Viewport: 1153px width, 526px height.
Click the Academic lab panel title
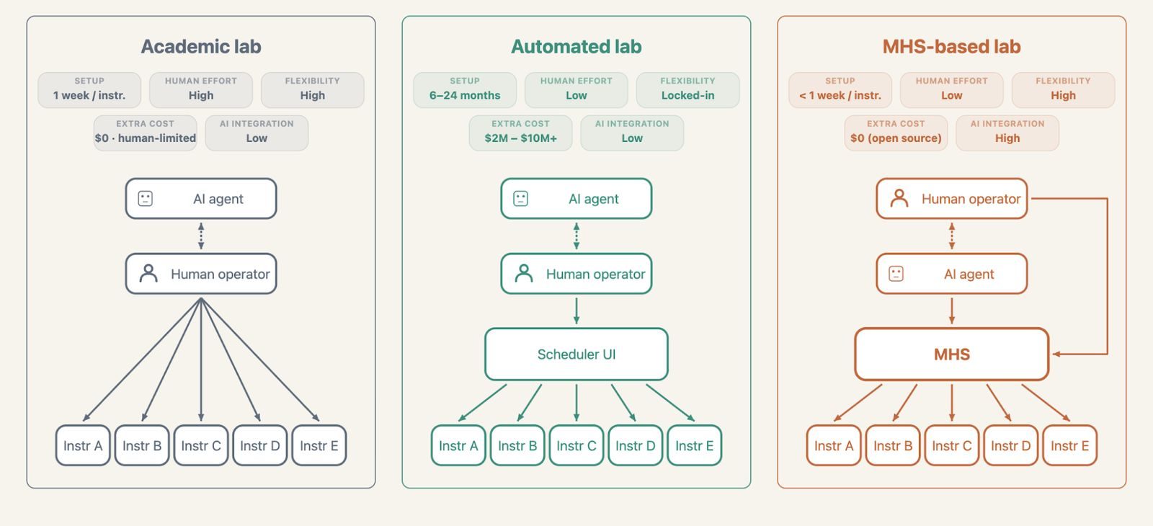201,46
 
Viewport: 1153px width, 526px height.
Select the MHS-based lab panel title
951,46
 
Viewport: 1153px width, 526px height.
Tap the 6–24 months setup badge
465,89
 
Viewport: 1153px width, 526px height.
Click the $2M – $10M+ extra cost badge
520,133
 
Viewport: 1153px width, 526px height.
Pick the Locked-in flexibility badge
687,89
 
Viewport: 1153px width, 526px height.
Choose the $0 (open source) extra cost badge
896,133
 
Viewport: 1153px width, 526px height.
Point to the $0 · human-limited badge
145,133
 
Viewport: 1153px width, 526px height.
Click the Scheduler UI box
576,354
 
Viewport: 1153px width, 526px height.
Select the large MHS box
952,354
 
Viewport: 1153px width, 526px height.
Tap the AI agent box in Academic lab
201,199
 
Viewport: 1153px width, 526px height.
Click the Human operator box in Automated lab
576,274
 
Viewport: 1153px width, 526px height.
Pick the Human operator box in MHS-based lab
952,199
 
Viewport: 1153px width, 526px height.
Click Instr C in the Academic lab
201,445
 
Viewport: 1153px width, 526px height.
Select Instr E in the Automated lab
695,445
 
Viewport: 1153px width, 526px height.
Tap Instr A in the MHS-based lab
834,445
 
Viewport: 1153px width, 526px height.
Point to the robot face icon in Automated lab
520,199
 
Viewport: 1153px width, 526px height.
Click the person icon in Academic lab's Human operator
148,273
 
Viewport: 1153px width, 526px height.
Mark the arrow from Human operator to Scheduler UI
576,311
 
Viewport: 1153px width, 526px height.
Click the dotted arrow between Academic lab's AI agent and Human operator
201,236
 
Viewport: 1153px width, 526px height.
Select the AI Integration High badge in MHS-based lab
1007,133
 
